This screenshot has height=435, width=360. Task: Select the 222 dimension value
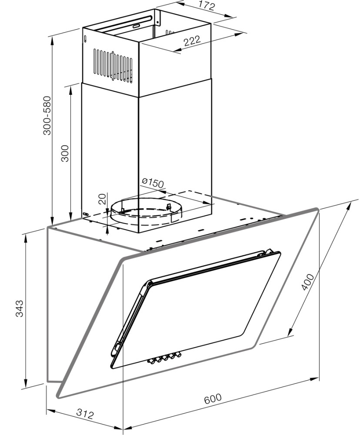(x=192, y=41)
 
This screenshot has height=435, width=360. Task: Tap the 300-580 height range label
(x=47, y=115)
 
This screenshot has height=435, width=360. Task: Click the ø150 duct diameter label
(x=153, y=183)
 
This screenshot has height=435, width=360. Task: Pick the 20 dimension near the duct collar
(x=102, y=199)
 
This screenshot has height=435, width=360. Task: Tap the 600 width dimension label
(x=213, y=398)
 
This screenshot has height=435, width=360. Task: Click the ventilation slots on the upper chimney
(x=113, y=66)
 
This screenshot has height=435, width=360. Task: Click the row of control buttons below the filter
(x=165, y=358)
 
